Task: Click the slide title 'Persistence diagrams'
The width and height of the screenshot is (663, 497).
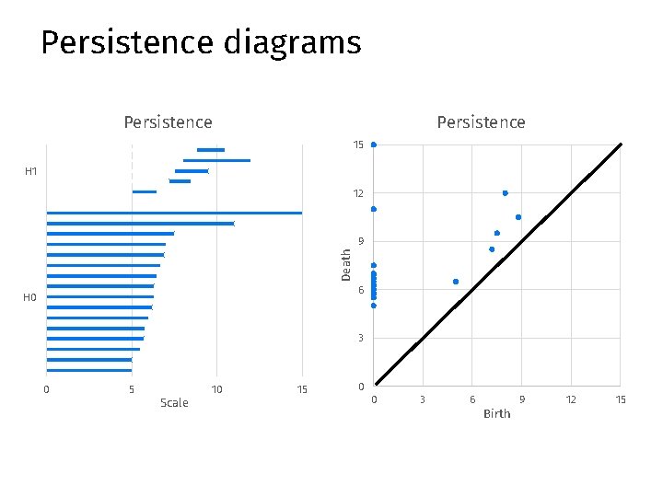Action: pos(201,43)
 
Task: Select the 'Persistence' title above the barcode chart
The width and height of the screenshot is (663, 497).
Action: pos(168,122)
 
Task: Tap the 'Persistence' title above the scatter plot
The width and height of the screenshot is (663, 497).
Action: pos(481,122)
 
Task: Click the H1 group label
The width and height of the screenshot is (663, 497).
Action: pos(30,171)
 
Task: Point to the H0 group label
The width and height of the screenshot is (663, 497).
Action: pos(30,297)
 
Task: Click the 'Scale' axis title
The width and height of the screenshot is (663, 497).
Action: pos(174,403)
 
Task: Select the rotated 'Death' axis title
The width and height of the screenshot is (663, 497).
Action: pos(346,265)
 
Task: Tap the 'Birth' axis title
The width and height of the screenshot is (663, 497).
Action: pos(496,414)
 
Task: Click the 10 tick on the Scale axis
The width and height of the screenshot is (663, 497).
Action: pos(216,390)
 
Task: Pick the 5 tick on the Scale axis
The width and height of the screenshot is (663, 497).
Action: pos(132,390)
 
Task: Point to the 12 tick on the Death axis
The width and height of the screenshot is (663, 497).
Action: pos(357,193)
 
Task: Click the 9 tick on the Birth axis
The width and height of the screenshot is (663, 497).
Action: pos(521,399)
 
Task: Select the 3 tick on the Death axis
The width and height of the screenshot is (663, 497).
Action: pos(360,339)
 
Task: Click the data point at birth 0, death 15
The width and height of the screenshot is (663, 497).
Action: pos(373,144)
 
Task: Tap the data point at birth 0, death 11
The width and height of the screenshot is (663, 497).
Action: pos(373,209)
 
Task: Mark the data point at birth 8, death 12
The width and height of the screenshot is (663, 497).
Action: pos(506,193)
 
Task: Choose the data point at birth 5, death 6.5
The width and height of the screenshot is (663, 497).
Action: pos(456,282)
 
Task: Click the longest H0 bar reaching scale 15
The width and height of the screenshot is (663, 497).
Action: pos(174,213)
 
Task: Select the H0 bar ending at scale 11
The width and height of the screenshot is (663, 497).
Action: pos(140,224)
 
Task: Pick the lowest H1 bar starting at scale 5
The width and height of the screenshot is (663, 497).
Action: pos(145,191)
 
